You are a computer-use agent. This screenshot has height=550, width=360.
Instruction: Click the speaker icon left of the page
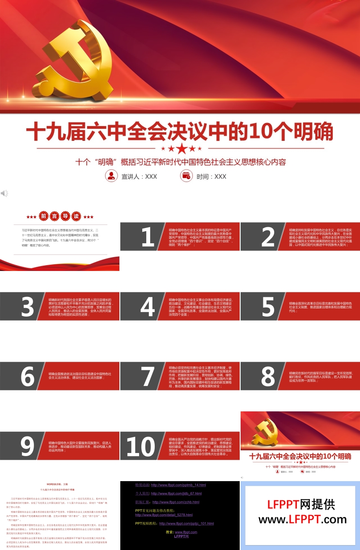click(x=4, y=193)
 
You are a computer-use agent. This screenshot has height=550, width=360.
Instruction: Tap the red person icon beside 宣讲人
click(x=110, y=176)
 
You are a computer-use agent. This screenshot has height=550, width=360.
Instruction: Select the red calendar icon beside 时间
click(x=186, y=176)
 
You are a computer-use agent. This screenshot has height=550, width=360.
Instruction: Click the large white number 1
click(x=148, y=237)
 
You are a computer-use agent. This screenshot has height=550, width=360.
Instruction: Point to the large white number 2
click(x=268, y=237)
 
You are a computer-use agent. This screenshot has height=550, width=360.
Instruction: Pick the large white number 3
click(x=28, y=307)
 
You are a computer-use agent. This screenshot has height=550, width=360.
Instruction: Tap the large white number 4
click(x=148, y=307)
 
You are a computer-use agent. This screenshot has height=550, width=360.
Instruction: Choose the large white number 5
click(x=268, y=307)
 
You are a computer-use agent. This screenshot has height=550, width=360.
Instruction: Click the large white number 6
click(x=28, y=377)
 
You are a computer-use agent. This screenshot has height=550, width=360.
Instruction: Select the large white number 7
click(x=148, y=377)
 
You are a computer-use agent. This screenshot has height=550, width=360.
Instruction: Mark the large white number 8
click(x=268, y=377)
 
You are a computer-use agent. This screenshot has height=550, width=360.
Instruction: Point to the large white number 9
click(x=28, y=446)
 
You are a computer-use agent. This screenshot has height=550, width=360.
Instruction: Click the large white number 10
click(x=141, y=446)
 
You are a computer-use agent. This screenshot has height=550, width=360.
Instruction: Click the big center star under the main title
click(x=181, y=148)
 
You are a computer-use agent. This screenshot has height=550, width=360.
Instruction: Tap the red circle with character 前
click(x=44, y=217)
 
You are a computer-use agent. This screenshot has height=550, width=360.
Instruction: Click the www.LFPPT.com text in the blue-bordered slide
click(x=302, y=519)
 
